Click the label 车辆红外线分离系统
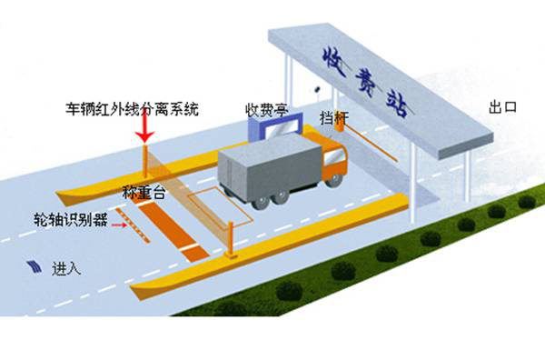133,109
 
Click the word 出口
502,107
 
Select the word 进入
67,269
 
